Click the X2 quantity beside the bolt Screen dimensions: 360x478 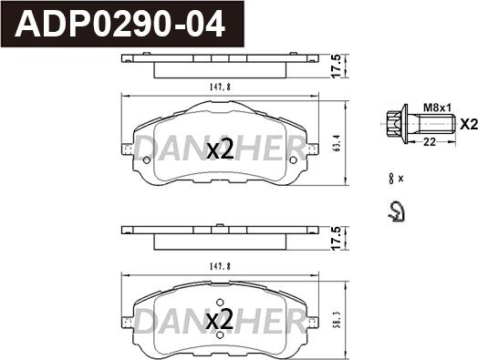tap(465, 125)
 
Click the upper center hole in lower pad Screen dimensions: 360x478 tap(219, 303)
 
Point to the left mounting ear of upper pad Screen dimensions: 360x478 tap(127, 146)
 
